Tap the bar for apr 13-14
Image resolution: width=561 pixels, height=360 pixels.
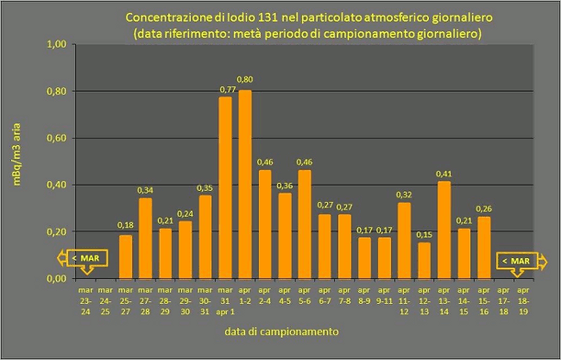[x=444, y=230]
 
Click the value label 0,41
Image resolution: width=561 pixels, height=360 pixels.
[x=444, y=174]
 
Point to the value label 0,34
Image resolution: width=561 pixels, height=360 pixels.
[x=145, y=190]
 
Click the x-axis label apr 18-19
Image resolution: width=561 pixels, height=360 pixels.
[x=523, y=297]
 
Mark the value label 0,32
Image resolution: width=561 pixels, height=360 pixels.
[x=404, y=195]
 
